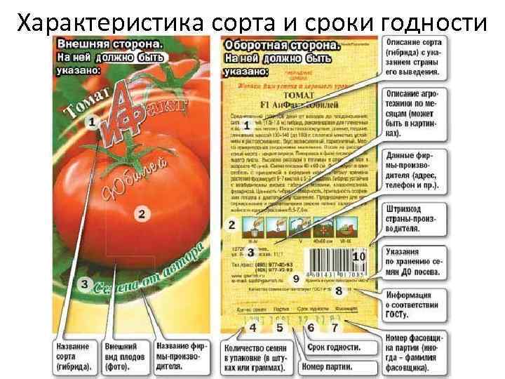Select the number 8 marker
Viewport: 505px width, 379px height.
[x=339, y=290]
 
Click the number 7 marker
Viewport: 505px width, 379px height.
[x=335, y=327]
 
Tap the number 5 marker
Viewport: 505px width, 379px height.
[x=279, y=327]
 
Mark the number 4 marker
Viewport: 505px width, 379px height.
[x=252, y=327]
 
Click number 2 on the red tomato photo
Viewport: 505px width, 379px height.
[x=141, y=214]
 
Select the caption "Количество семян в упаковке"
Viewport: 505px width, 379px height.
[x=255, y=357]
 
